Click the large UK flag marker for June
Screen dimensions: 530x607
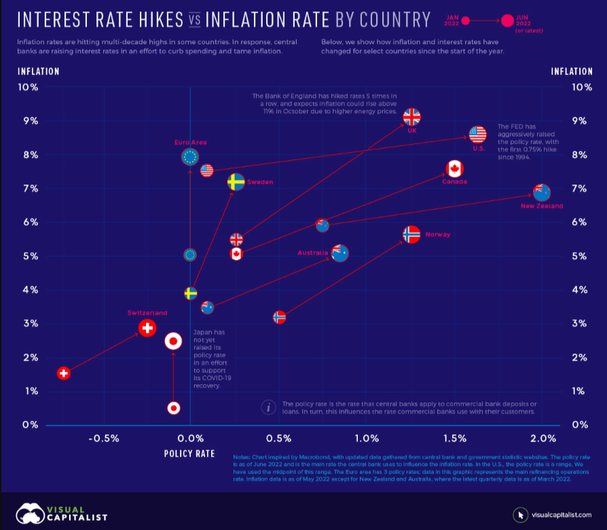(x=412, y=117)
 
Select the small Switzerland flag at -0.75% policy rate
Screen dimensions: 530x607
(x=63, y=373)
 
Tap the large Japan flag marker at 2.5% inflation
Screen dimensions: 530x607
(x=173, y=341)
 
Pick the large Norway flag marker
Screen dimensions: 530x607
(x=411, y=235)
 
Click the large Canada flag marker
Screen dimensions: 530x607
(x=454, y=169)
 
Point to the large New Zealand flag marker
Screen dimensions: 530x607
(x=542, y=192)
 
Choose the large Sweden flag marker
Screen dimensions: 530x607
(x=236, y=182)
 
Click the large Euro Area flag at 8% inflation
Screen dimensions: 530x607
(x=190, y=157)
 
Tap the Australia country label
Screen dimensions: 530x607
(x=312, y=253)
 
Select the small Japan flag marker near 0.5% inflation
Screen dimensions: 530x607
(x=174, y=408)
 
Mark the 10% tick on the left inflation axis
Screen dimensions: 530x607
(x=28, y=87)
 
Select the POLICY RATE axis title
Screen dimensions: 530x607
(x=189, y=453)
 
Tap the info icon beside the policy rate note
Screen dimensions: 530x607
(x=270, y=407)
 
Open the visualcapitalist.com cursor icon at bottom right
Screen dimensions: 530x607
(x=521, y=513)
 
